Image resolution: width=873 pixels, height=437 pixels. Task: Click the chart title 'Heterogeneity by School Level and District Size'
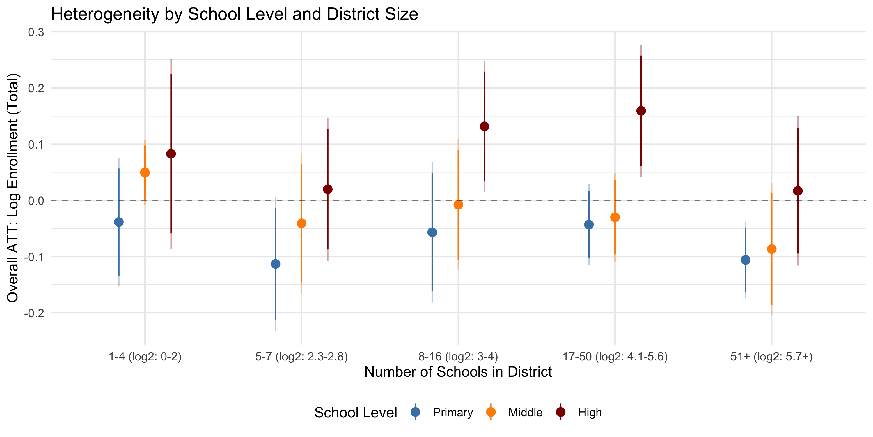pyautogui.click(x=235, y=14)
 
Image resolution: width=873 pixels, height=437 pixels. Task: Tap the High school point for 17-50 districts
pyautogui.click(x=641, y=111)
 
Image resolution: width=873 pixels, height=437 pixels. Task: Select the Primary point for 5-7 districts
pyautogui.click(x=276, y=264)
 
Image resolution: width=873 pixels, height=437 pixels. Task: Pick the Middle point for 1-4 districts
pyautogui.click(x=145, y=173)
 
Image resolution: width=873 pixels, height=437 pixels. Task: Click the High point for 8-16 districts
pyautogui.click(x=484, y=126)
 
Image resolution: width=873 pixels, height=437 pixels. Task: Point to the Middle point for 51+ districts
pyautogui.click(x=772, y=249)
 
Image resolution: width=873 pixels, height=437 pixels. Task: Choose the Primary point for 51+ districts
pyautogui.click(x=746, y=260)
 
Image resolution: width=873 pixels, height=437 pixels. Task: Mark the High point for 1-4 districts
pyautogui.click(x=171, y=154)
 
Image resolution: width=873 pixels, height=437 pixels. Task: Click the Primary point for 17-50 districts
pyautogui.click(x=589, y=225)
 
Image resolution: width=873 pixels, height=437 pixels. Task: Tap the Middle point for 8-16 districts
pyautogui.click(x=458, y=205)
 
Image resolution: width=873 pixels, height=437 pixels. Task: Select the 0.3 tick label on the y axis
pyautogui.click(x=36, y=32)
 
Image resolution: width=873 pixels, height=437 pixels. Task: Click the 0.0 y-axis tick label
pyautogui.click(x=36, y=200)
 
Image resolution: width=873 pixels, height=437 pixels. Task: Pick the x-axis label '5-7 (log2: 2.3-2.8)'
pyautogui.click(x=301, y=357)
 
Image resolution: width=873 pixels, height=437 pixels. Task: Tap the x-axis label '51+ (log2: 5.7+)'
pyautogui.click(x=771, y=357)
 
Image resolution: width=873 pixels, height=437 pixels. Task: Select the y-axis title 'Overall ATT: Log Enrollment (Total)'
pyautogui.click(x=13, y=188)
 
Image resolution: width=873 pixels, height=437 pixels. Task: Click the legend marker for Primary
pyautogui.click(x=415, y=412)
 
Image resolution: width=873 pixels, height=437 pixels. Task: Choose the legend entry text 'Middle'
pyautogui.click(x=525, y=413)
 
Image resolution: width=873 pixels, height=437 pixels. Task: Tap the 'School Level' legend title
pyautogui.click(x=356, y=413)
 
